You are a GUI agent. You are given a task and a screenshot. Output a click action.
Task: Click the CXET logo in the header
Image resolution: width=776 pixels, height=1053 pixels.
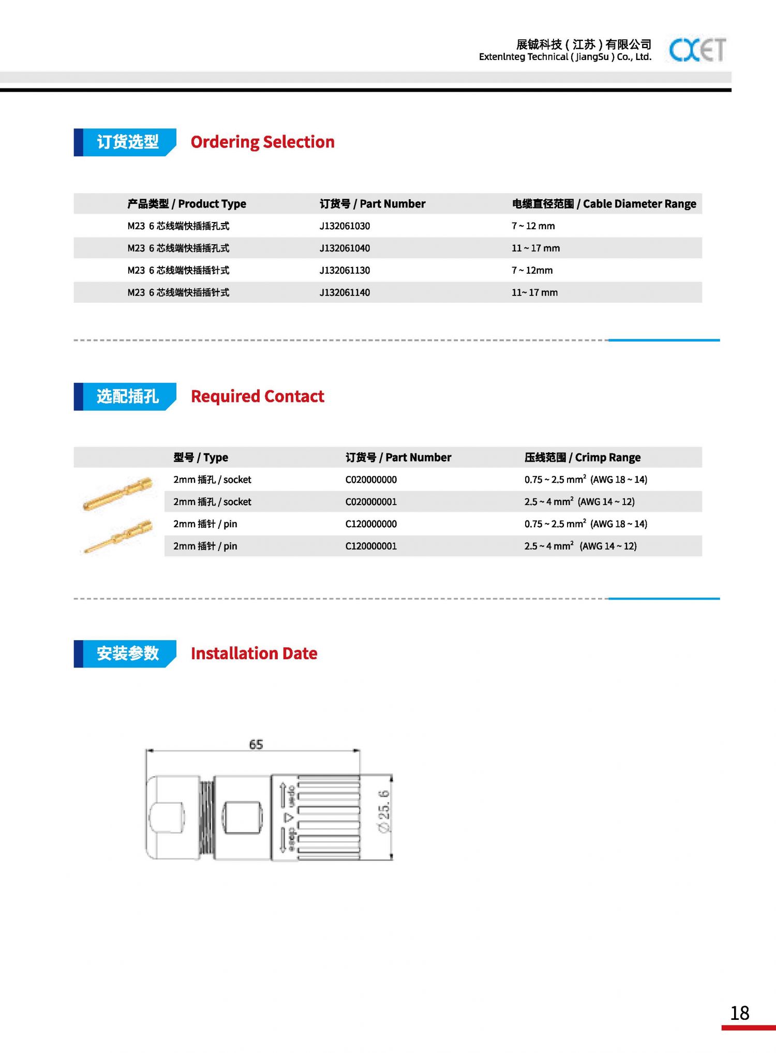pos(697,50)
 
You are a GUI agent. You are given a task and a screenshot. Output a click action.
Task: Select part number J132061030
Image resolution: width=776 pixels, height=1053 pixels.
pos(345,226)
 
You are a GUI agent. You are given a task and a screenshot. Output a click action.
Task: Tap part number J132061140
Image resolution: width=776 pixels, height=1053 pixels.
pos(345,292)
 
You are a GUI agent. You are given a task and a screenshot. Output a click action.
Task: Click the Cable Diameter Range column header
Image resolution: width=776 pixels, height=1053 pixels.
pos(604,204)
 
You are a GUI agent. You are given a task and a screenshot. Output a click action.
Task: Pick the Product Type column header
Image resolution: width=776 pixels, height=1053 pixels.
pos(186,204)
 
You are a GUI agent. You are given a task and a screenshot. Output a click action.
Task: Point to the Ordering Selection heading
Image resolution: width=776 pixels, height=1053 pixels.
pos(262,142)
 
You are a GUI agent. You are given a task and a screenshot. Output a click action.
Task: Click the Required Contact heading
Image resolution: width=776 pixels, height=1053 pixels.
pos(257,396)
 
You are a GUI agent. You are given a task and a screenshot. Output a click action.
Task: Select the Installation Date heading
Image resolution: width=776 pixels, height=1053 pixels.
pos(253,654)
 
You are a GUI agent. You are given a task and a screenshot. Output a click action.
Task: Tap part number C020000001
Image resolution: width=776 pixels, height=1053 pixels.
pos(371,502)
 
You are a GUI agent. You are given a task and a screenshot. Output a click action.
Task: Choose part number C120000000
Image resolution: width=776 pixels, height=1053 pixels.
pos(371,524)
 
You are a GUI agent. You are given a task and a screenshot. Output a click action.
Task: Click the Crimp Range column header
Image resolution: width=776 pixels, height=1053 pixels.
pos(582,457)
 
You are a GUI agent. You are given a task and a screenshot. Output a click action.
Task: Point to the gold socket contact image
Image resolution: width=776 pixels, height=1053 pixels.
pos(118,493)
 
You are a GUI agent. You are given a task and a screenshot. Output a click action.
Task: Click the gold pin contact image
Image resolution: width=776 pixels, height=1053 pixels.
pos(118,536)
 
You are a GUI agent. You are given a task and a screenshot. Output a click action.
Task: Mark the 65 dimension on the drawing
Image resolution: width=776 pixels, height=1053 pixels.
pos(256,744)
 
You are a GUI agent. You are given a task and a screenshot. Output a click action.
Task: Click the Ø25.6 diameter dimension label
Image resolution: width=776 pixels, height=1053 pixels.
pos(384,811)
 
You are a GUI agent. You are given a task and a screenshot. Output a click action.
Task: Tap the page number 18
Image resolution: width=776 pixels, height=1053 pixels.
pos(740,1013)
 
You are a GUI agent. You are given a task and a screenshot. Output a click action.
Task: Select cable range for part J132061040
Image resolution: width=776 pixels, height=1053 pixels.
pos(535,248)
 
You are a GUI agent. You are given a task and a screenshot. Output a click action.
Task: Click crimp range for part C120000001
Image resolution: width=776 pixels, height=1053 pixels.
pos(580,546)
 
